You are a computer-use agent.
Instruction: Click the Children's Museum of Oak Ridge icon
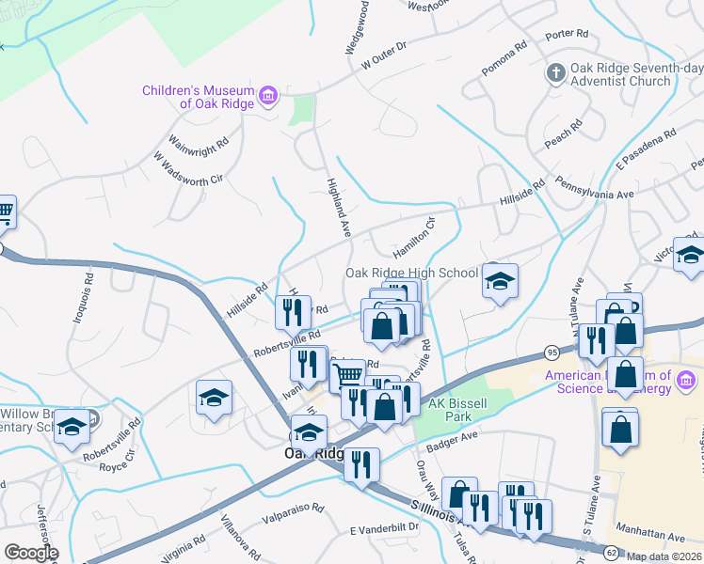268,96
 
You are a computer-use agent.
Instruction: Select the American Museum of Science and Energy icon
686,381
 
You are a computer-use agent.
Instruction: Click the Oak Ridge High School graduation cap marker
501,280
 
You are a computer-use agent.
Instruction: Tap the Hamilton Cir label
417,233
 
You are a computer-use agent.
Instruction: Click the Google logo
31,553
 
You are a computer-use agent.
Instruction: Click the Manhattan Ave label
649,535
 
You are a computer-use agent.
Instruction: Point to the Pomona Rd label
506,53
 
